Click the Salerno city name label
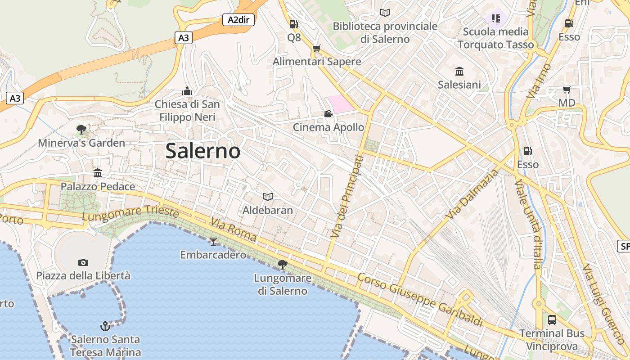coord(203,151)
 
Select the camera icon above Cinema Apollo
coord(328,114)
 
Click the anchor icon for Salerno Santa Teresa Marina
coord(105,326)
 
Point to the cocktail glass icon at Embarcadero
coord(213,242)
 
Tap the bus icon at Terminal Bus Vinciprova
coord(552,320)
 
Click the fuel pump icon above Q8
coord(294,24)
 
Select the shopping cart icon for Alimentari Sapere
coord(317,49)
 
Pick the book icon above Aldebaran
coord(268,197)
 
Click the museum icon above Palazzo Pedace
coord(98,173)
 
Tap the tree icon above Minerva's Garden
coord(81,130)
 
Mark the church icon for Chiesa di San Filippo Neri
coord(187,91)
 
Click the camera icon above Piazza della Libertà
coord(83,262)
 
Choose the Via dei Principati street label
coord(347,196)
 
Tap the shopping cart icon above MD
coord(567,90)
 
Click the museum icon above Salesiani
coord(459,71)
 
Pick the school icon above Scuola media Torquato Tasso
coord(495,18)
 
